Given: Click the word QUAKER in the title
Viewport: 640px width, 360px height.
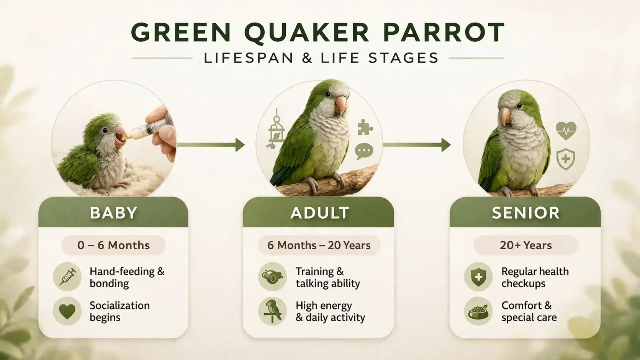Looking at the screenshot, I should [x=306, y=33].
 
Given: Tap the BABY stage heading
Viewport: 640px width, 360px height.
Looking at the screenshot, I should [x=113, y=213].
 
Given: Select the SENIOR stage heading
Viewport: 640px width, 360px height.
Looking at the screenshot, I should [x=525, y=213].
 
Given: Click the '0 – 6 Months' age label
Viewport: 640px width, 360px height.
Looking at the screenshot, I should [x=113, y=245].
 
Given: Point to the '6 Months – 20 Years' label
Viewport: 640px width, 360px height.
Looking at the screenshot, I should [x=319, y=245].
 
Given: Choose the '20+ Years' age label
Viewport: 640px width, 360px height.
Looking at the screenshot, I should [x=525, y=245].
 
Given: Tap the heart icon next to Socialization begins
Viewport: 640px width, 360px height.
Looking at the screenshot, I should [x=67, y=311].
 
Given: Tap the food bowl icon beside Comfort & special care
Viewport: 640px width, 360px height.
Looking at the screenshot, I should [x=478, y=311].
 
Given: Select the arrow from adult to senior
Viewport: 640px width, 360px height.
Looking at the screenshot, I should [x=417, y=145].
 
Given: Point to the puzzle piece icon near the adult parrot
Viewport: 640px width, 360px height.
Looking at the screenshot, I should [x=365, y=128].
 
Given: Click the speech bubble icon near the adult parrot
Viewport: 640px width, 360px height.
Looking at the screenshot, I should [x=364, y=151].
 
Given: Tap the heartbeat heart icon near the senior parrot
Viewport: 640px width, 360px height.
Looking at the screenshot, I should [x=566, y=131].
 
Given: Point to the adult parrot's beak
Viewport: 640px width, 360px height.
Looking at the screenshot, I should [x=340, y=105].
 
